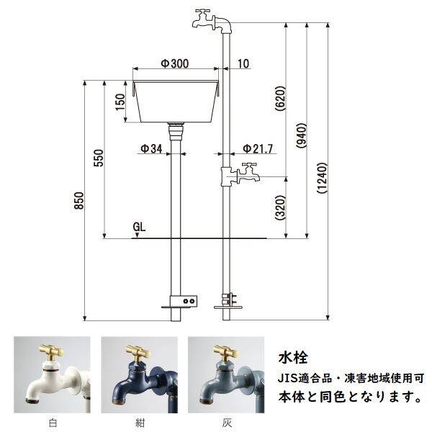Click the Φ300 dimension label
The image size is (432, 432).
175,63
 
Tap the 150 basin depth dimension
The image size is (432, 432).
120,107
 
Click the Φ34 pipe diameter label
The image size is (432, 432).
151,149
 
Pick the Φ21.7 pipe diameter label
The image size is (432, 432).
258,149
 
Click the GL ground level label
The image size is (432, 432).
140,227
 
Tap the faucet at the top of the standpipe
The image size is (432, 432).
210,20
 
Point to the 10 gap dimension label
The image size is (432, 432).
242,64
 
